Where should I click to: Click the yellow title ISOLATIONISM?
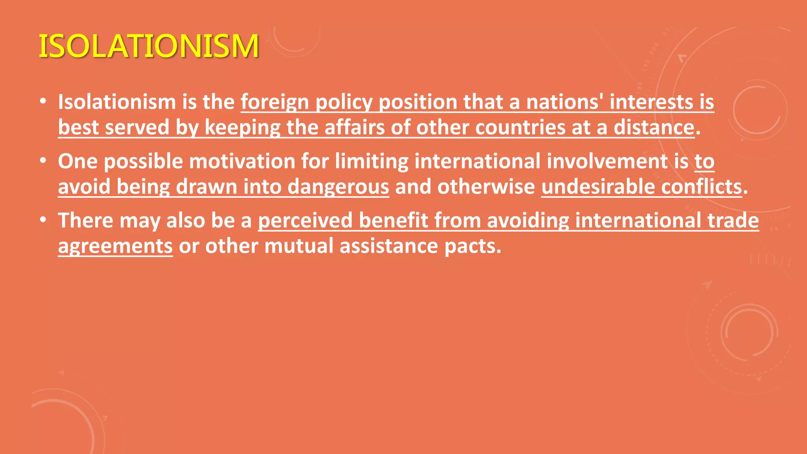tap(149, 46)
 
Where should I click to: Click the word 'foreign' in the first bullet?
tap(275, 102)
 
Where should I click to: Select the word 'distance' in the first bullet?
tap(654, 127)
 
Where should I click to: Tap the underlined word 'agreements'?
tap(115, 246)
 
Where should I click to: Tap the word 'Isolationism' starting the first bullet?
tap(117, 102)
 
